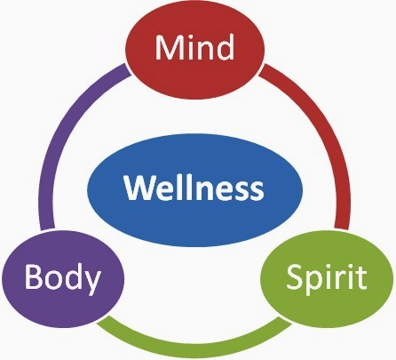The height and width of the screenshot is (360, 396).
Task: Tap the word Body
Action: (x=61, y=277)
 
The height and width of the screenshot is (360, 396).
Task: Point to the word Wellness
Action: (x=194, y=188)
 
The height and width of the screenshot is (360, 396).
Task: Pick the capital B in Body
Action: (x=33, y=277)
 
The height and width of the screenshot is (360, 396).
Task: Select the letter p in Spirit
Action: (x=313, y=282)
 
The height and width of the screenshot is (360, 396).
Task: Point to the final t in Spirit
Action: (x=360, y=278)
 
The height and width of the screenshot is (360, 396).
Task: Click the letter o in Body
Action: (x=51, y=280)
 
